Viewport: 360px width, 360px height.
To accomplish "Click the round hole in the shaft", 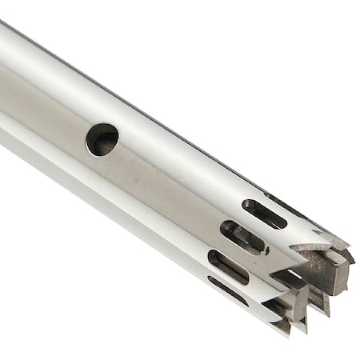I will coord(102,139).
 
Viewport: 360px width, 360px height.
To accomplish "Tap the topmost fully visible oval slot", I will coord(263,214).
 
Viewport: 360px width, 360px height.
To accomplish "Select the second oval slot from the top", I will coord(244,238).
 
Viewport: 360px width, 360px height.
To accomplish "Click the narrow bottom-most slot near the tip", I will coord(227,290).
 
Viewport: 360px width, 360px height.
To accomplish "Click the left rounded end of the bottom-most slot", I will coord(213,281).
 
